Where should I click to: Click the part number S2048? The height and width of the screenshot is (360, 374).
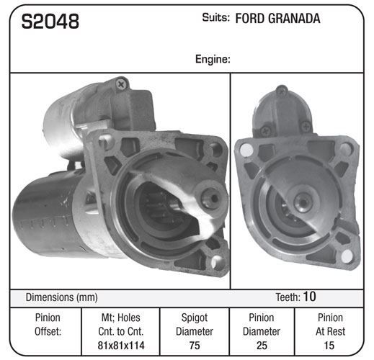point(50,21)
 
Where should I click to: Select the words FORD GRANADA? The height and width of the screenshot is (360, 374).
point(277,19)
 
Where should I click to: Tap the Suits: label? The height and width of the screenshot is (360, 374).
point(215,17)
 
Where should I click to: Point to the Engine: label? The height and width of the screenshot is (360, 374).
point(213,59)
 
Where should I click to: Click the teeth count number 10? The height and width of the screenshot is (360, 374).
point(309,297)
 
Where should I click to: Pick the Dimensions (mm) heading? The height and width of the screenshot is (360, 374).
point(61,297)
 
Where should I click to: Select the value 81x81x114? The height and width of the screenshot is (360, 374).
point(121,346)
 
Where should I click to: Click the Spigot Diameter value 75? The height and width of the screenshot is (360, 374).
point(195,346)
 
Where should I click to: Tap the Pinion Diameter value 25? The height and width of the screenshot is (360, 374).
point(262,346)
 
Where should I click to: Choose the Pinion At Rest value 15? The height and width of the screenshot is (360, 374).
point(329,346)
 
